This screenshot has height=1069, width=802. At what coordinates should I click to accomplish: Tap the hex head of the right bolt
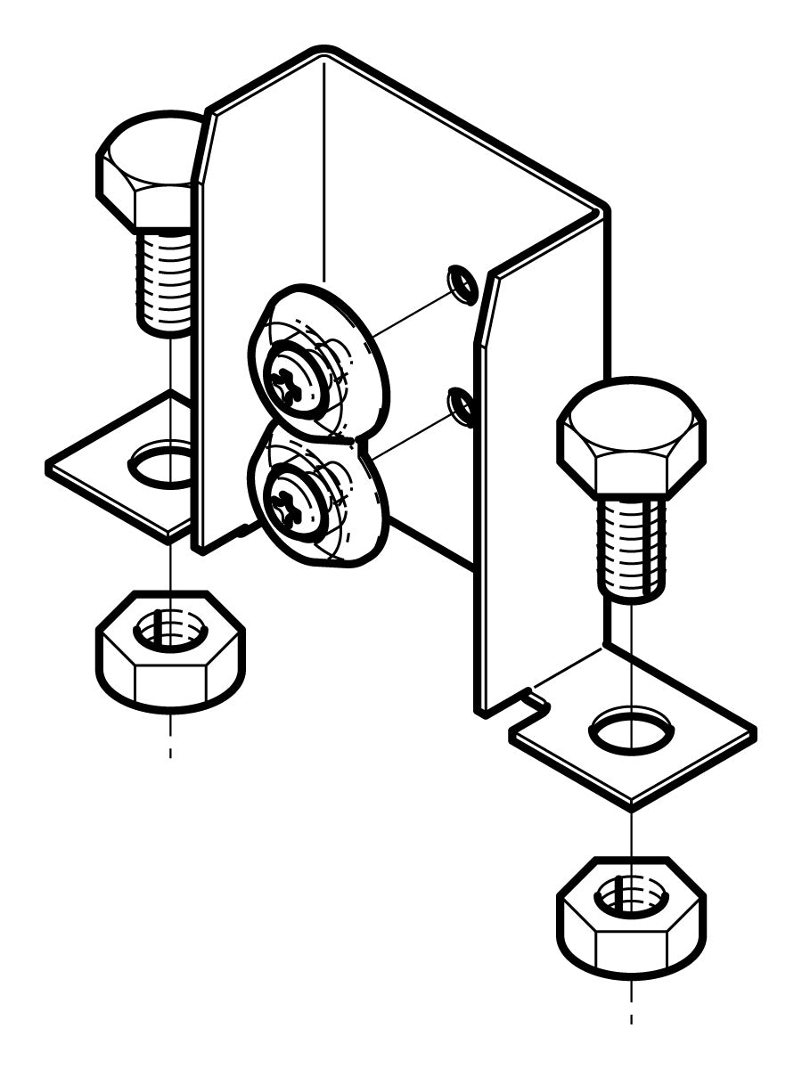click(631, 437)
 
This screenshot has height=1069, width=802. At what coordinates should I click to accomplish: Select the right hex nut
click(631, 918)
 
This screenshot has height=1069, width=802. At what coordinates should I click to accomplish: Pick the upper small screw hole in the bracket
click(462, 282)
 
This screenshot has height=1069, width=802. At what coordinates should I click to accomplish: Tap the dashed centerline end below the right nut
click(631, 1017)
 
